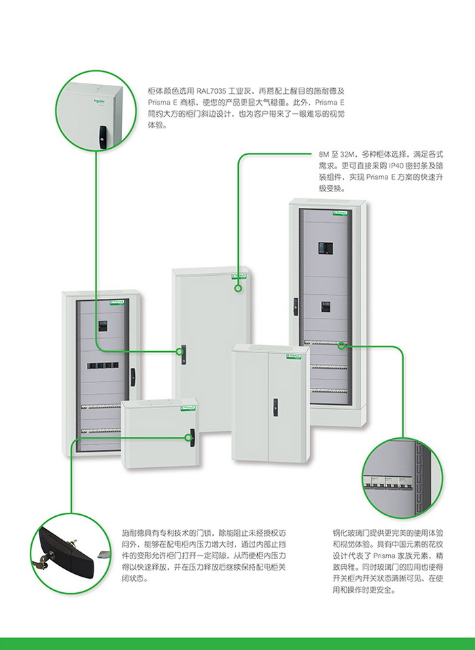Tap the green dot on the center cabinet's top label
[238, 288]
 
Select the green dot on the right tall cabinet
[343, 345]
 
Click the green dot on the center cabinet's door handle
[180, 352]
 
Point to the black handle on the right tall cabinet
[294, 305]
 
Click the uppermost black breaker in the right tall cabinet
[324, 248]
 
